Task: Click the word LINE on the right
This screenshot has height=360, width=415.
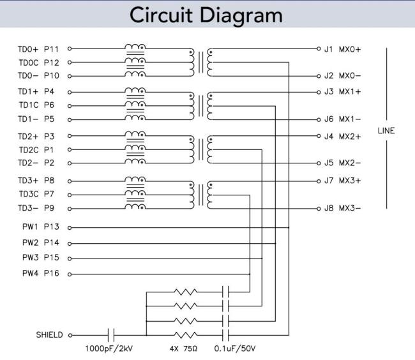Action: pos(386,131)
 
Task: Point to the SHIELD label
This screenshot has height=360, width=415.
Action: pos(49,334)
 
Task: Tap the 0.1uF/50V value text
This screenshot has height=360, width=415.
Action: pos(234,349)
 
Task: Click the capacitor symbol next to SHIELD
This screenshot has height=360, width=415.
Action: pos(111,334)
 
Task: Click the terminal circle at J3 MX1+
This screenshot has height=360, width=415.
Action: pos(317,91)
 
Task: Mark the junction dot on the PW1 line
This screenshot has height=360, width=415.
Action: pos(289,227)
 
